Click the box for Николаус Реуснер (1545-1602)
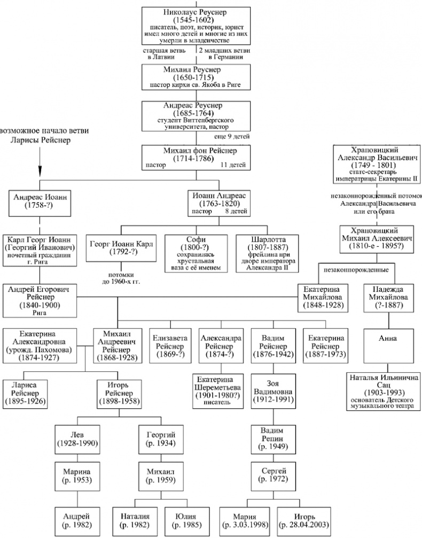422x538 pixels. tap(196, 24)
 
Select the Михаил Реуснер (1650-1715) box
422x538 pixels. tap(196, 77)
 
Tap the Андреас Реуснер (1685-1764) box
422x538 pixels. tap(196, 116)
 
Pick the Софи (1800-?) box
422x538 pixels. tap(196, 253)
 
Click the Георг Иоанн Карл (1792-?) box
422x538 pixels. tap(122, 248)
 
